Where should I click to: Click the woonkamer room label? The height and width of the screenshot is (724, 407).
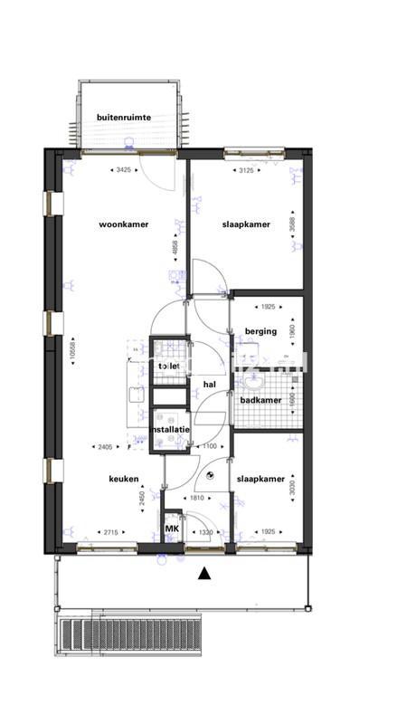124,224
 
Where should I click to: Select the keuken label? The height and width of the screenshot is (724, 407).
123,479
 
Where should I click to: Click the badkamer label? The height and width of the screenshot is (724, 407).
260,400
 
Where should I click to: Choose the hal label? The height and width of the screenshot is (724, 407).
211,385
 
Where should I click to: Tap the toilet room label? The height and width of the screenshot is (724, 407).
169,366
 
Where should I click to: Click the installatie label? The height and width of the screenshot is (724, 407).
169,429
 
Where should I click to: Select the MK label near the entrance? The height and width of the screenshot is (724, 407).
172,529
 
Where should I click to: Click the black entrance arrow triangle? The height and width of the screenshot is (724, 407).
204,573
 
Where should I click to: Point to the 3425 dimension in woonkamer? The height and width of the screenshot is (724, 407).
124,170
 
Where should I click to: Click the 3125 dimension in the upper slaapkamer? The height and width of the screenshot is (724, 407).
245,170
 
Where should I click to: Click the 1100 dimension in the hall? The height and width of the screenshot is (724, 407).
209,447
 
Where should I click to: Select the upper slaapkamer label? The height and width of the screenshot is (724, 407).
245,224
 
